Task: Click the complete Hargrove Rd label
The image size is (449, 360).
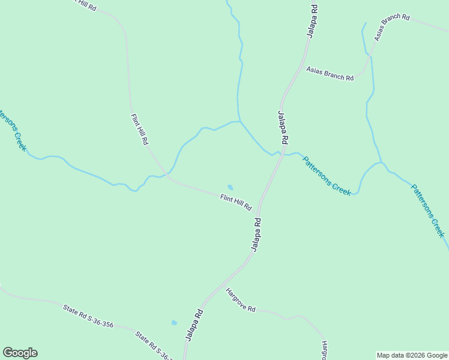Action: (x=241, y=300)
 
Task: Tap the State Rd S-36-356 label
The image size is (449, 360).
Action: (x=88, y=316)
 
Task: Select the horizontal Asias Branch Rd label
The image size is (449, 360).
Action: (x=330, y=73)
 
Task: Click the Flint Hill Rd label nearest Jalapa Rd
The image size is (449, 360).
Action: (x=235, y=202)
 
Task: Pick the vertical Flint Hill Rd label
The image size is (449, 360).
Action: (x=139, y=129)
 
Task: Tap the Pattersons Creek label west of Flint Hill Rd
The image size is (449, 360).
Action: (x=13, y=130)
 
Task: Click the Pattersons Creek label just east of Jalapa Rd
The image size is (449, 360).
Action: (x=326, y=176)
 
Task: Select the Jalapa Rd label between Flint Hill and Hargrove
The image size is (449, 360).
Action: (x=256, y=235)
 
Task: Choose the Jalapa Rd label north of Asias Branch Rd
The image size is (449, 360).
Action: (x=312, y=21)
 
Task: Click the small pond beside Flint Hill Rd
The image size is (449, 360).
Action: (x=229, y=187)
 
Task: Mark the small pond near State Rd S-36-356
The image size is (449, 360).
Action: (x=174, y=322)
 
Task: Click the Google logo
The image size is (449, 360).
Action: (x=20, y=353)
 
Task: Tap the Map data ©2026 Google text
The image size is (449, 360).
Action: (x=412, y=355)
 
